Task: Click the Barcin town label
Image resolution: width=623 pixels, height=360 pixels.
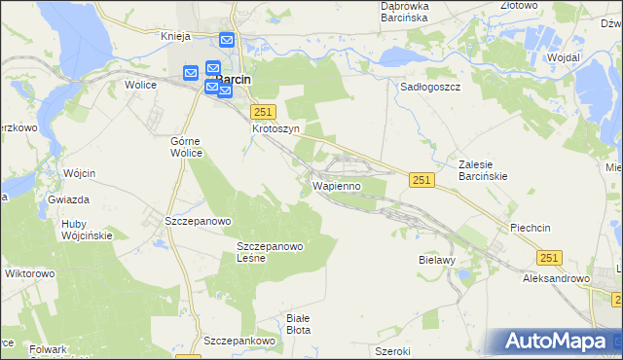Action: coord(237,80)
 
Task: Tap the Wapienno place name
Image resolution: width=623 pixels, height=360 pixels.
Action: coord(337,184)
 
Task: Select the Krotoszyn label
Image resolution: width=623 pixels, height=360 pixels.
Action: coord(274,128)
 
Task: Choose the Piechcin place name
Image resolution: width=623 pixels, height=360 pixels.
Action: coord(531,228)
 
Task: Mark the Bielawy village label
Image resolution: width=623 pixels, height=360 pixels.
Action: coord(437,262)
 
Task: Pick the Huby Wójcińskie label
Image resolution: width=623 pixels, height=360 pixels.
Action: coord(87,229)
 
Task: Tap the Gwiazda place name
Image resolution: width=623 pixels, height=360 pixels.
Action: coord(68,199)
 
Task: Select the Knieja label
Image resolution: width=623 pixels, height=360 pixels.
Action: coord(174,36)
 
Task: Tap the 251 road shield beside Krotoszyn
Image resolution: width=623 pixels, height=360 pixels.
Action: coord(264,112)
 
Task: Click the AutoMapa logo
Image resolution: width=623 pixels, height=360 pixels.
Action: coord(559,342)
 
